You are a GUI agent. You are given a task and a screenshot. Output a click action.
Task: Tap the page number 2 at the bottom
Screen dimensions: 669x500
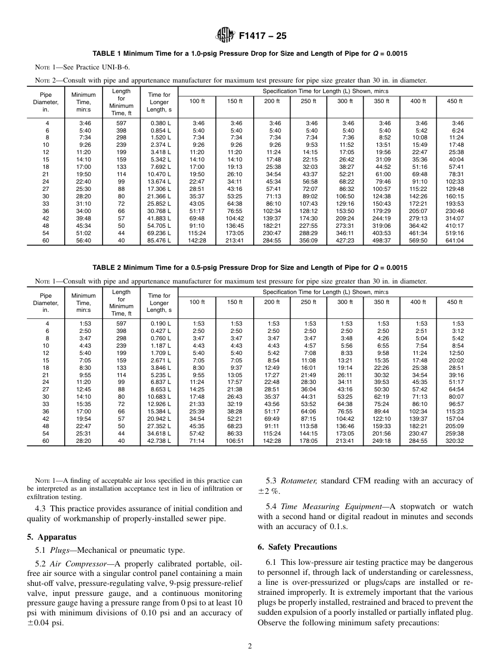click(x=250, y=646)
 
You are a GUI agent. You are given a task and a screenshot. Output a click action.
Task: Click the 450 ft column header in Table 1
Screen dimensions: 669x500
click(x=454, y=101)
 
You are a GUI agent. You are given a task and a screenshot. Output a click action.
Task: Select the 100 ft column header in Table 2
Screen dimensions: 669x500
click(x=197, y=302)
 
